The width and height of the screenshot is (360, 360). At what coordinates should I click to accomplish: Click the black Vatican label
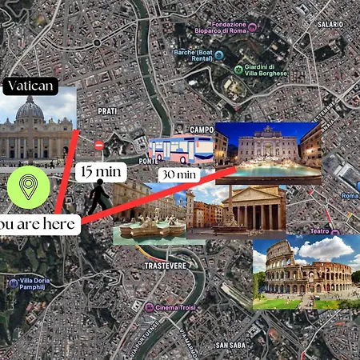pyautogui.click(x=30, y=86)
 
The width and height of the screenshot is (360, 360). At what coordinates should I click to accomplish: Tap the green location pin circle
pyautogui.click(x=29, y=187)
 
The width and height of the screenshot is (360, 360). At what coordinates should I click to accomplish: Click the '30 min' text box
pyautogui.click(x=178, y=174)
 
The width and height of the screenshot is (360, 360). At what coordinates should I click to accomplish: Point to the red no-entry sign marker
pyautogui.click(x=99, y=145)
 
